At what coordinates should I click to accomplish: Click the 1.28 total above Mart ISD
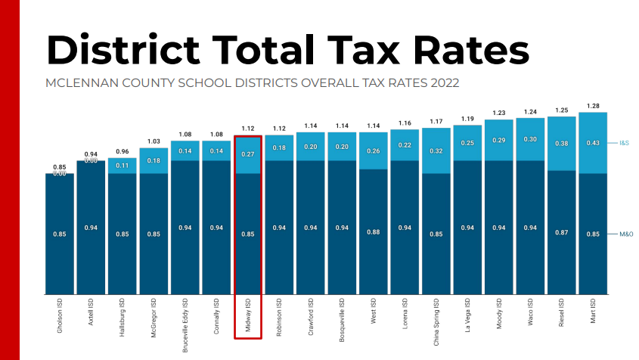click(x=593, y=106)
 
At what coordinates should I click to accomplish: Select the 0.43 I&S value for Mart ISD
click(x=593, y=143)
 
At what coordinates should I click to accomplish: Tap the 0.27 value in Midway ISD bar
click(x=248, y=154)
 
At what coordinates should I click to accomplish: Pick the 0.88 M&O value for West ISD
click(x=374, y=234)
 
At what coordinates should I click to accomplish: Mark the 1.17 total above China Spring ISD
click(x=436, y=121)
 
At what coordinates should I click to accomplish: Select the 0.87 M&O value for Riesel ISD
click(x=561, y=234)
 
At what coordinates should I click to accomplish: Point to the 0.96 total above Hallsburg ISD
click(x=123, y=151)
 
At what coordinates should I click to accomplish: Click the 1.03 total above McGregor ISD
click(x=154, y=141)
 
